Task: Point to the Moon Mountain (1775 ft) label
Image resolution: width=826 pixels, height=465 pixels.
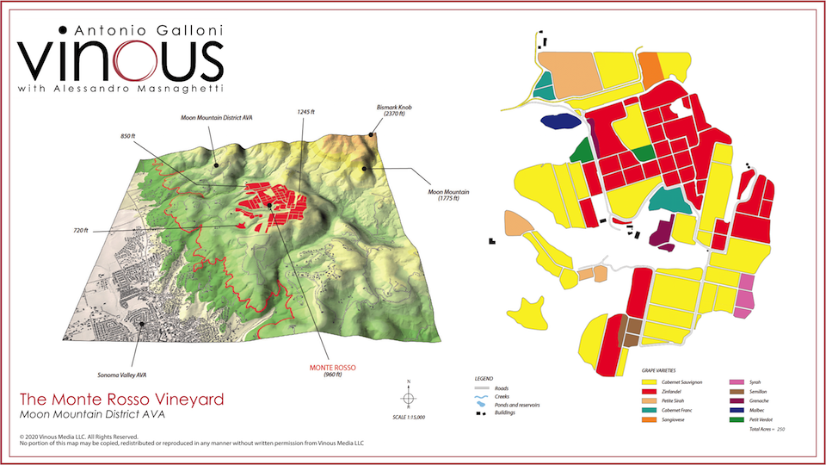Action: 443,195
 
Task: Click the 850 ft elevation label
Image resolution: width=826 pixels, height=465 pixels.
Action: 129,136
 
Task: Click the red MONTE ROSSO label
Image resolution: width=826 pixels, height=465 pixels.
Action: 332,370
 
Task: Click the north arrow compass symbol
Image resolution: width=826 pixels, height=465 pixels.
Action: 409,397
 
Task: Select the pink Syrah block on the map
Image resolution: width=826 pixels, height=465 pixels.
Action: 745,293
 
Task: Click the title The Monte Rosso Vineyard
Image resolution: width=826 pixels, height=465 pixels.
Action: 121,400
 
